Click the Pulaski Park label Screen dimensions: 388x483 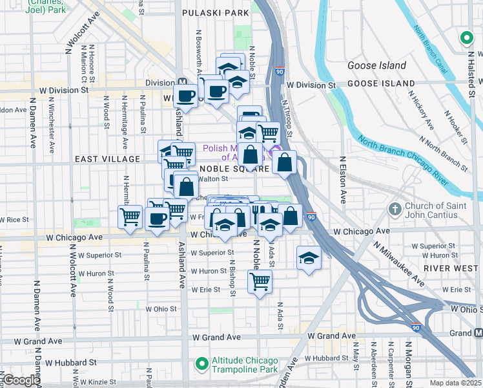(x=216, y=12)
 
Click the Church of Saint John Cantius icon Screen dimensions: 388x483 (x=394, y=210)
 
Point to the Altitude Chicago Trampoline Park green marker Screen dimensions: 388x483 (x=201, y=365)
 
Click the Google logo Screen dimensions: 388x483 (x=21, y=381)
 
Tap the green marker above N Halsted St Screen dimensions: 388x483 (x=466, y=39)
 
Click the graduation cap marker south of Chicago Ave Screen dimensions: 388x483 (x=309, y=259)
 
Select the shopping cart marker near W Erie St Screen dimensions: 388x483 (x=260, y=281)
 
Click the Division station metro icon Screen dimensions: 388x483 (x=184, y=83)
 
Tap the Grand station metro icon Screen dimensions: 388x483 (x=478, y=332)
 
